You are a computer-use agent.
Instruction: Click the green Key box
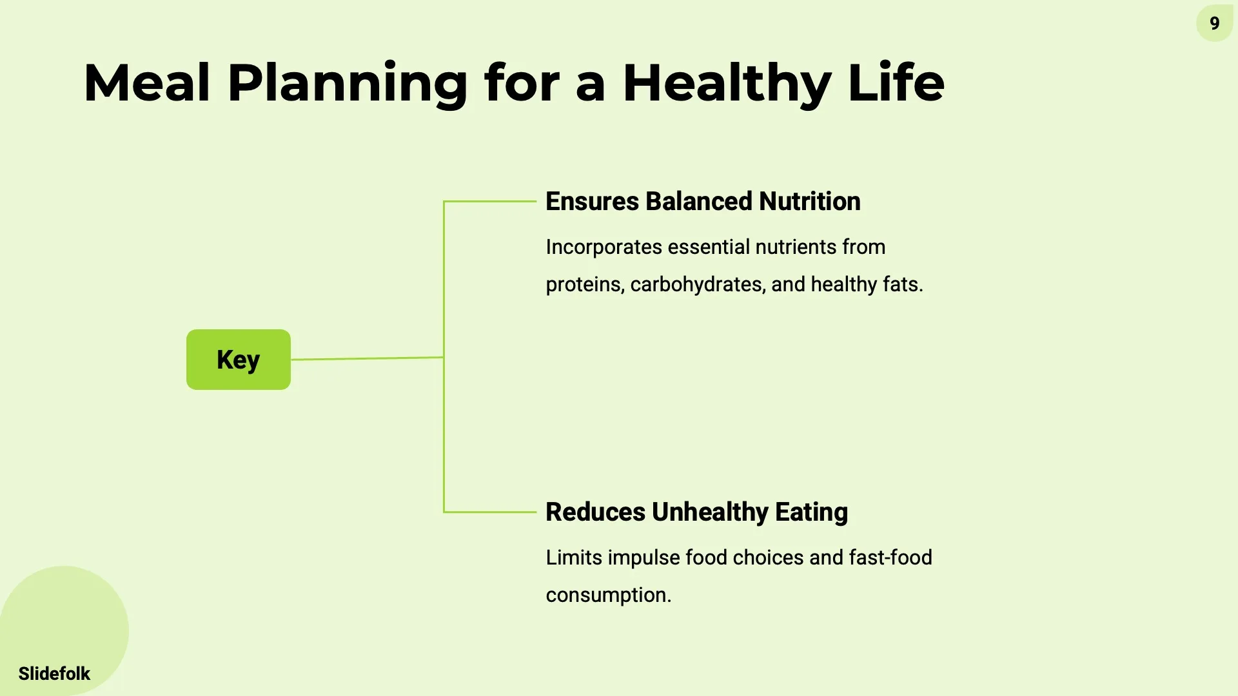point(238,360)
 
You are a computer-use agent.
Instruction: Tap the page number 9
point(1214,24)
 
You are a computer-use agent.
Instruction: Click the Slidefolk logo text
point(54,673)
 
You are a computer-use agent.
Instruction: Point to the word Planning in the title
point(347,84)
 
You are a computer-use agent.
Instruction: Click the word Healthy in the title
point(727,84)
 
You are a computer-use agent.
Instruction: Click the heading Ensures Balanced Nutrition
point(703,201)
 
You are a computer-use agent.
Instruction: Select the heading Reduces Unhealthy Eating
point(696,512)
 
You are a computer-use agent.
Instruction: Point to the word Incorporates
point(604,247)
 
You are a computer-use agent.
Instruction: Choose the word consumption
point(608,595)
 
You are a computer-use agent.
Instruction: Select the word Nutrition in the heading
point(809,201)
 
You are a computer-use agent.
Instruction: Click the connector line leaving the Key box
point(368,358)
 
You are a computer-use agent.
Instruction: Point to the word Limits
point(574,557)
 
